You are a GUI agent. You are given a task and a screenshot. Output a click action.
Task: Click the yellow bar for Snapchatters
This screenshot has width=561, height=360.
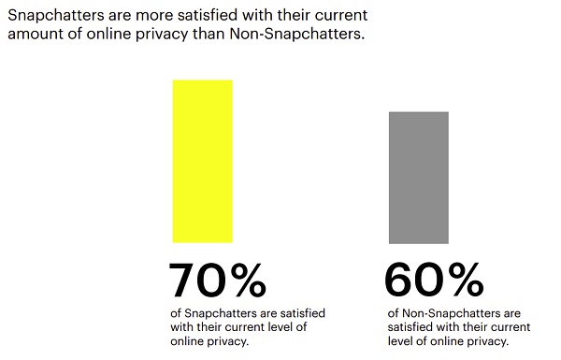tap(202, 161)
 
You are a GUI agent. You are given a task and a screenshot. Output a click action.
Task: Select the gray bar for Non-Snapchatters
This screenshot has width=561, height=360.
tap(419, 177)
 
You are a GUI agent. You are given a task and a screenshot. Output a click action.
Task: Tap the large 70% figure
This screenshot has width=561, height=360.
tap(218, 281)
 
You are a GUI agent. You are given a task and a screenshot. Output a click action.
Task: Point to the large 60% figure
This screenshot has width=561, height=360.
tap(434, 281)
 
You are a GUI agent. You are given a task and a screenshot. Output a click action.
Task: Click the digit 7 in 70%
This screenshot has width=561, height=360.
tap(182, 281)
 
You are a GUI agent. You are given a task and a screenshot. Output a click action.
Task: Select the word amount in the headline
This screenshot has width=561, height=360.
tap(35, 37)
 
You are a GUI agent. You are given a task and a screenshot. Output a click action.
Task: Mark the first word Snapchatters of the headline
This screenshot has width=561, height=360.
tap(54, 16)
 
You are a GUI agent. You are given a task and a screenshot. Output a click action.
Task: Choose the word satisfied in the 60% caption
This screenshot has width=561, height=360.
tap(410, 326)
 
